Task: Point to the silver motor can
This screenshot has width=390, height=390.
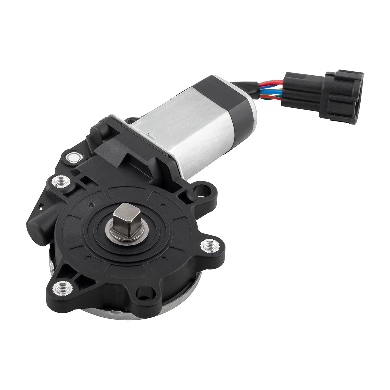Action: click(189, 127)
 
